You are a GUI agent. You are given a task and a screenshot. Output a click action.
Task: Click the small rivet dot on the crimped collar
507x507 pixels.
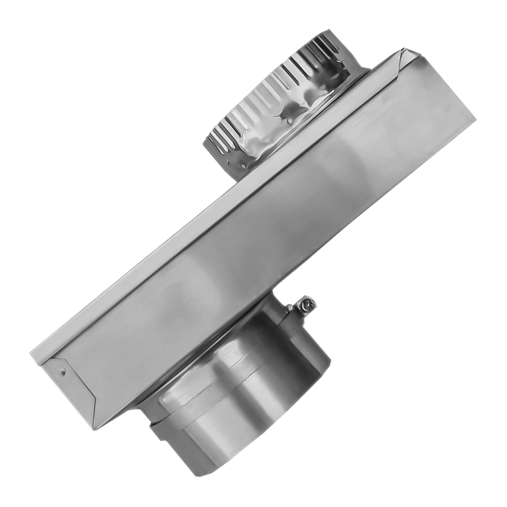click(x=243, y=165)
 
